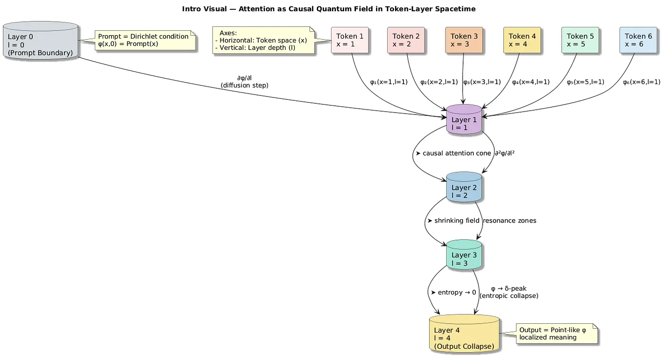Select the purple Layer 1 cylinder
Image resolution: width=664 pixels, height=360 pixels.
464,119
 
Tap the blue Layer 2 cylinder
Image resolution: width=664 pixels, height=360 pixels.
464,187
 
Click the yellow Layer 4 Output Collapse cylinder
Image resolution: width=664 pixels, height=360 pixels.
464,334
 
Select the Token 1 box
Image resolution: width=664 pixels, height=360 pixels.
350,40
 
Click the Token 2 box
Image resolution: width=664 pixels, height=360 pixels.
406,40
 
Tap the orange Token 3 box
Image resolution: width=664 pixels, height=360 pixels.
464,40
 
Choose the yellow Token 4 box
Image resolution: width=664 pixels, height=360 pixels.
522,40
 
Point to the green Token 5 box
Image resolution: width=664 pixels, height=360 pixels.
580,40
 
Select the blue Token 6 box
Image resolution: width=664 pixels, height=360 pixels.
638,40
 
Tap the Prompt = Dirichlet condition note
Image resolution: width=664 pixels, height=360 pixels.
144,40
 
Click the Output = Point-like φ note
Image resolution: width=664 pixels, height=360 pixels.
556,334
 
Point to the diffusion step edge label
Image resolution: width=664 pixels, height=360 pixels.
244,82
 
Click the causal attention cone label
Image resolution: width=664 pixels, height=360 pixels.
453,153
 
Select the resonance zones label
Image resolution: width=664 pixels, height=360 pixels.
509,221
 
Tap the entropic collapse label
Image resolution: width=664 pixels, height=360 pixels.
509,292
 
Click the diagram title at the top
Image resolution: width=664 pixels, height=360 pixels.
329,9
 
